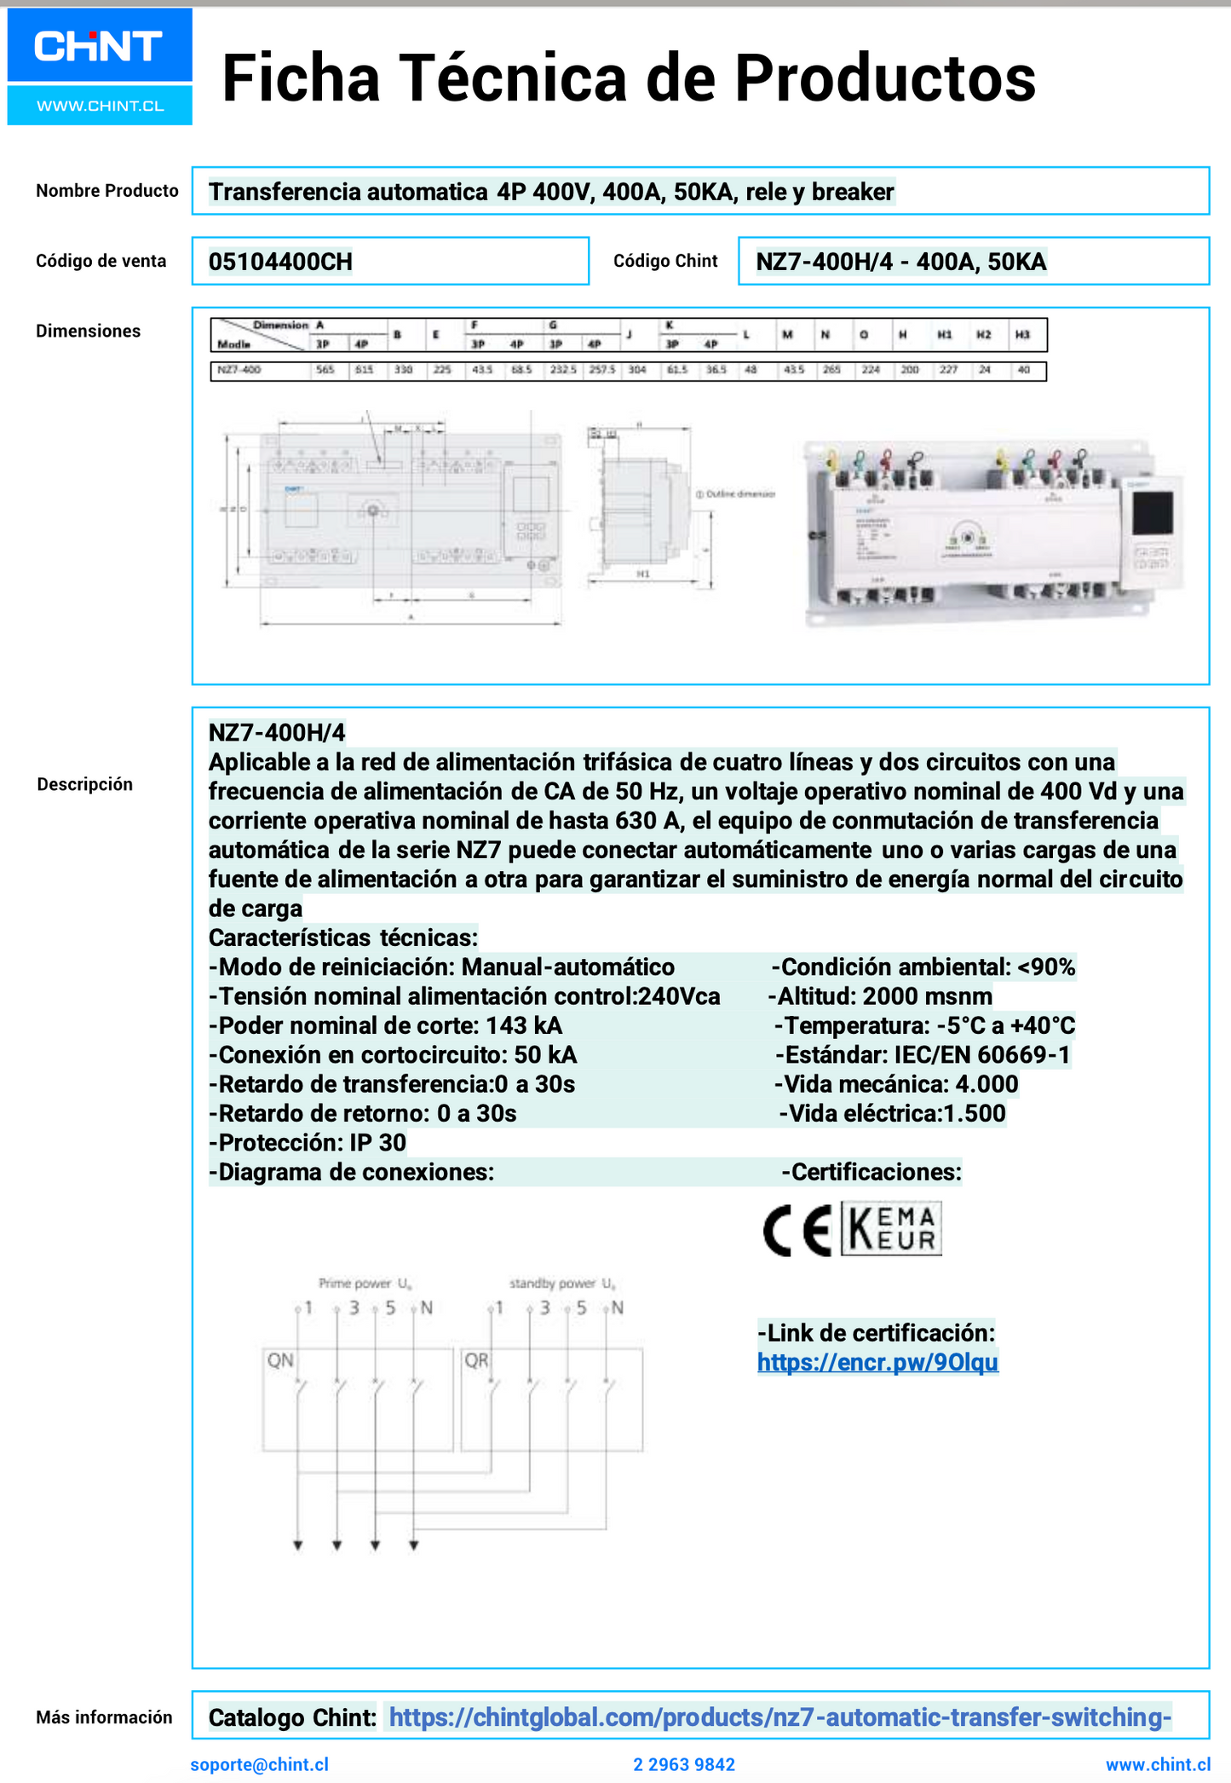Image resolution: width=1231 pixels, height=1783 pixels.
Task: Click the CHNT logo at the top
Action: coord(99,47)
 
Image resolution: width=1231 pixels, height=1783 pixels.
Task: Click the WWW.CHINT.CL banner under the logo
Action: coord(100,106)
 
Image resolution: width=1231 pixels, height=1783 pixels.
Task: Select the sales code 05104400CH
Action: coord(280,262)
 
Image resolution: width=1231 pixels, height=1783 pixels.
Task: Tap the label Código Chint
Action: coord(665,261)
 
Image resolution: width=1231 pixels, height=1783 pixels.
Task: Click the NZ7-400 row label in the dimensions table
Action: coord(239,370)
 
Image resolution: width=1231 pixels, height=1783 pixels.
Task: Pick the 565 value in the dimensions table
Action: coord(325,370)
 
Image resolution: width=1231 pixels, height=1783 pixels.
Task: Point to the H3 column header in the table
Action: coord(1022,335)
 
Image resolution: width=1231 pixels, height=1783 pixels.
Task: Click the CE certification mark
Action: coord(797,1231)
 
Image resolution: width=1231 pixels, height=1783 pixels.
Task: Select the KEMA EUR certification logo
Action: coord(891,1228)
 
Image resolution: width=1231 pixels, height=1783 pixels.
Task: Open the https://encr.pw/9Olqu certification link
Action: coord(877,1362)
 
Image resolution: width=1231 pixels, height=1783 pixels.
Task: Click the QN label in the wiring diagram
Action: coord(280,1360)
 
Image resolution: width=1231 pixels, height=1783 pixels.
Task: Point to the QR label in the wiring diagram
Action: coord(476,1360)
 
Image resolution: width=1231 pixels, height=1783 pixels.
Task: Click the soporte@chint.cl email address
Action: coord(259,1764)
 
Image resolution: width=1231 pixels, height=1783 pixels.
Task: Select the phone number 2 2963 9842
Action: coord(683,1764)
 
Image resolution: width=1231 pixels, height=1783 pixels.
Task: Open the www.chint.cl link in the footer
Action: coord(1157,1764)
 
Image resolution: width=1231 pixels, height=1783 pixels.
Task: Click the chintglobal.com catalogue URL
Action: coord(779,1717)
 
